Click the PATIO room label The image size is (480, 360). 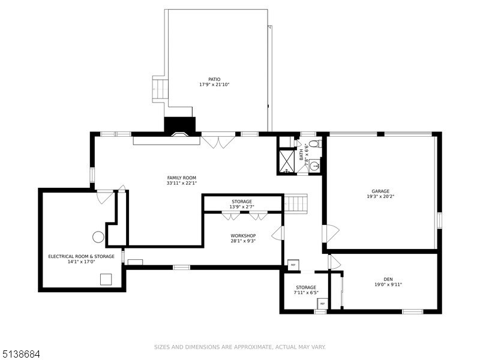(x=214, y=80)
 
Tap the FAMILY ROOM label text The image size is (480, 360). (x=182, y=178)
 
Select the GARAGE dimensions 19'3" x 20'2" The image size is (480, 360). (x=380, y=197)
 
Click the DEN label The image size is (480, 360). (x=388, y=279)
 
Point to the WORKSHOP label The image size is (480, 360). (x=243, y=236)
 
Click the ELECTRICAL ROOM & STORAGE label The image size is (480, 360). (x=81, y=257)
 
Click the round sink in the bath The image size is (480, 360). (x=314, y=166)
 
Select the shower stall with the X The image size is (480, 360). (x=287, y=161)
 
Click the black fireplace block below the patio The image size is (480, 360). (x=179, y=125)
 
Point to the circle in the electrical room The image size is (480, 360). (x=98, y=237)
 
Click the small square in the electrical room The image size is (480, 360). (x=106, y=280)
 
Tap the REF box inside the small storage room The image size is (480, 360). (x=322, y=304)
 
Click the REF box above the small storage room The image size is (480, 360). (x=293, y=265)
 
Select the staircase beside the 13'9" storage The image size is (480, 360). (x=296, y=203)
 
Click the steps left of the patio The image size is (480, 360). (x=160, y=89)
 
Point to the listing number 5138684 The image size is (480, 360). (x=20, y=355)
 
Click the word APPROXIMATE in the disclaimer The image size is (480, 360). (x=252, y=347)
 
